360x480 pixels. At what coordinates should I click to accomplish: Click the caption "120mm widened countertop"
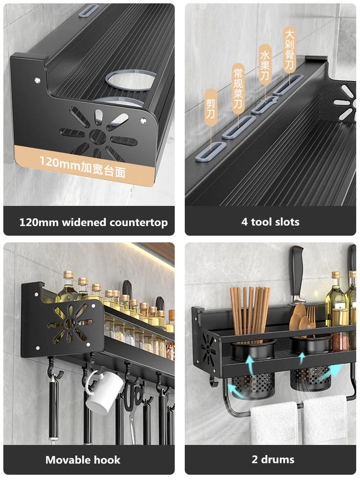coord(93,222)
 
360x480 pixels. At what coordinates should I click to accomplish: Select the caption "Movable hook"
coord(83,460)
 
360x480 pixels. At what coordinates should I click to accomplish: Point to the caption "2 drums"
coord(273,460)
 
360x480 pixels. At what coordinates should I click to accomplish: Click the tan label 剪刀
coord(210,104)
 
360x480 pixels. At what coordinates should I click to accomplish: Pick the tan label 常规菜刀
coord(238,88)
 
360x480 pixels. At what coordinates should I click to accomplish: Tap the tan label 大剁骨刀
coord(289,49)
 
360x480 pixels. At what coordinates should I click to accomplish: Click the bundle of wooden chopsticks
coord(250,311)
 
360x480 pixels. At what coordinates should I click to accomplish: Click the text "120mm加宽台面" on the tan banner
coord(82,161)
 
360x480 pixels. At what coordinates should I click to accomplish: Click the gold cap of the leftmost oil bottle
coord(68,275)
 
